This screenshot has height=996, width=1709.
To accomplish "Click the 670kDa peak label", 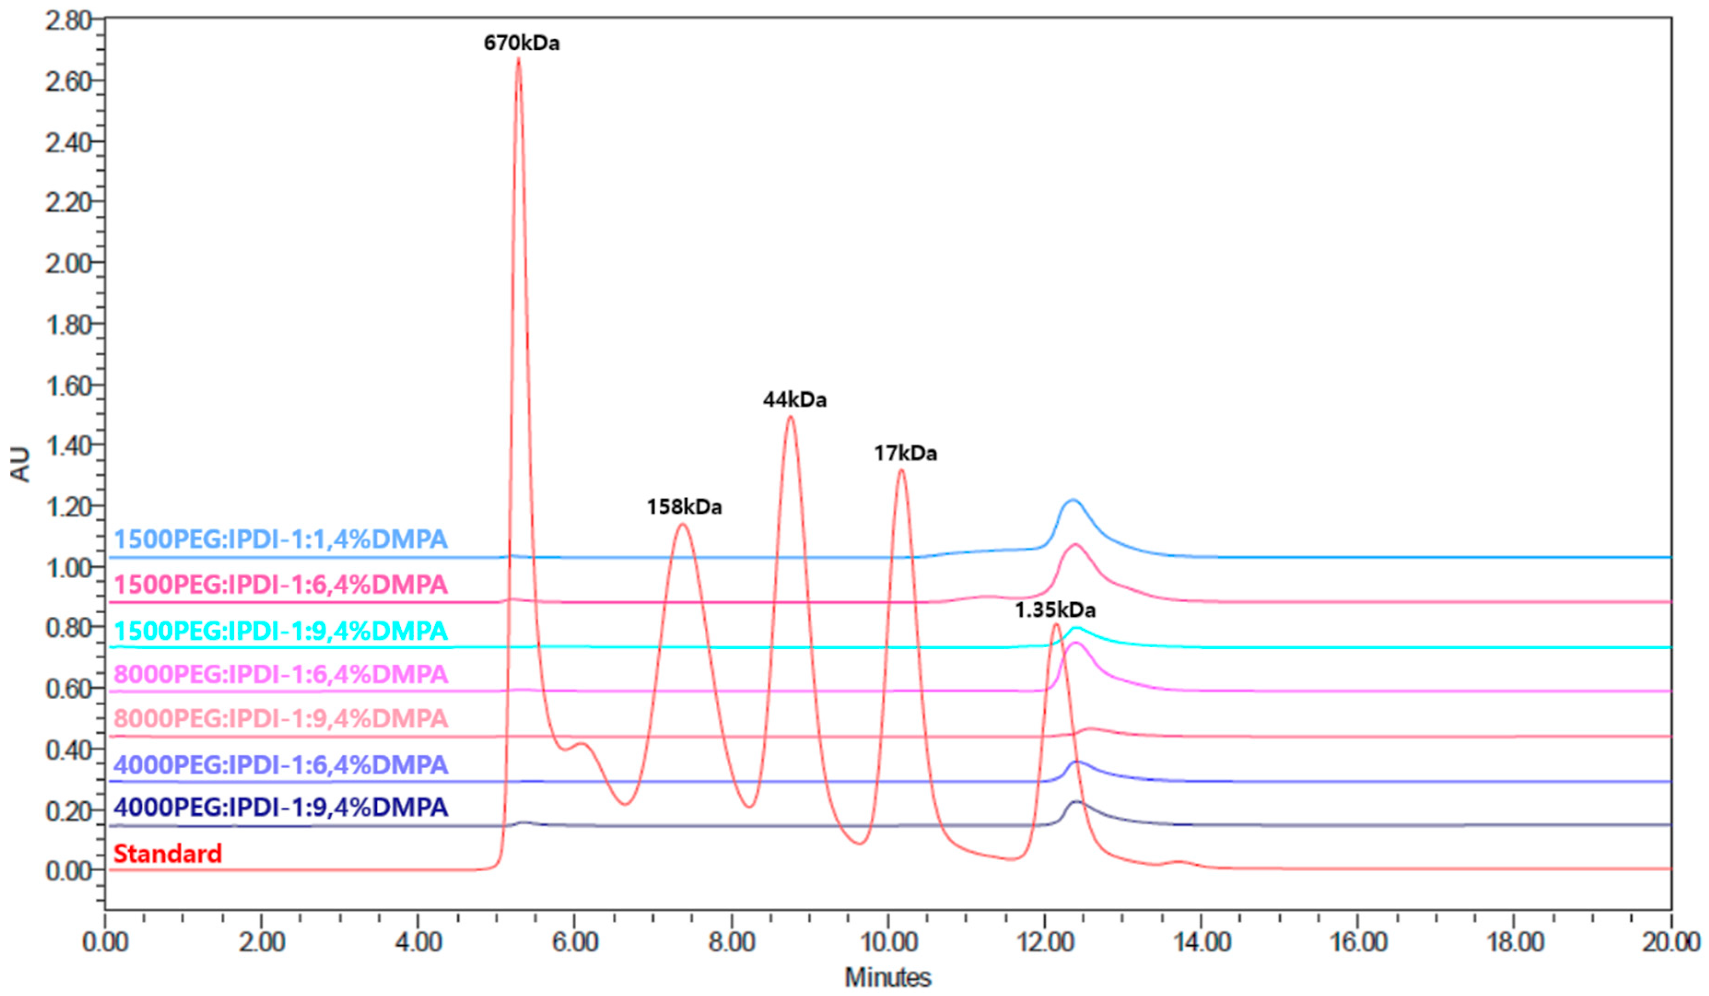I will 521,43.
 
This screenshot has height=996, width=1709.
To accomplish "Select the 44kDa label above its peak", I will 795,400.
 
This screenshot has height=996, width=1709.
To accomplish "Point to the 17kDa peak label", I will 905,454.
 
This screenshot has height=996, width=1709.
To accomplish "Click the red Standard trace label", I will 168,853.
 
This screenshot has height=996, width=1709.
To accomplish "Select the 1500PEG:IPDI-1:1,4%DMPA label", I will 280,539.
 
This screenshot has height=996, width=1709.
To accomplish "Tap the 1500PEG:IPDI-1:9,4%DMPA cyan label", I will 280,631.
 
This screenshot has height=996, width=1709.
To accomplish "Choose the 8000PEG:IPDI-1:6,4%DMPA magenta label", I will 280,674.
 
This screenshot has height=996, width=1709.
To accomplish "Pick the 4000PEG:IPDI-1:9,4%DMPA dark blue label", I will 280,807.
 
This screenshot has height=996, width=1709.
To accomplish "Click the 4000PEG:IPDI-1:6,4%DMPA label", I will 280,765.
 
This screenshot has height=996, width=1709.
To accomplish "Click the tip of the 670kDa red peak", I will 519,59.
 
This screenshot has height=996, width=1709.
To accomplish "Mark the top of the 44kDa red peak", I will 790,416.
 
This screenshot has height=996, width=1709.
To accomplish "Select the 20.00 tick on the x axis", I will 1670,943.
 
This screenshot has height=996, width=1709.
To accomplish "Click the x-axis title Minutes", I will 888,977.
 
